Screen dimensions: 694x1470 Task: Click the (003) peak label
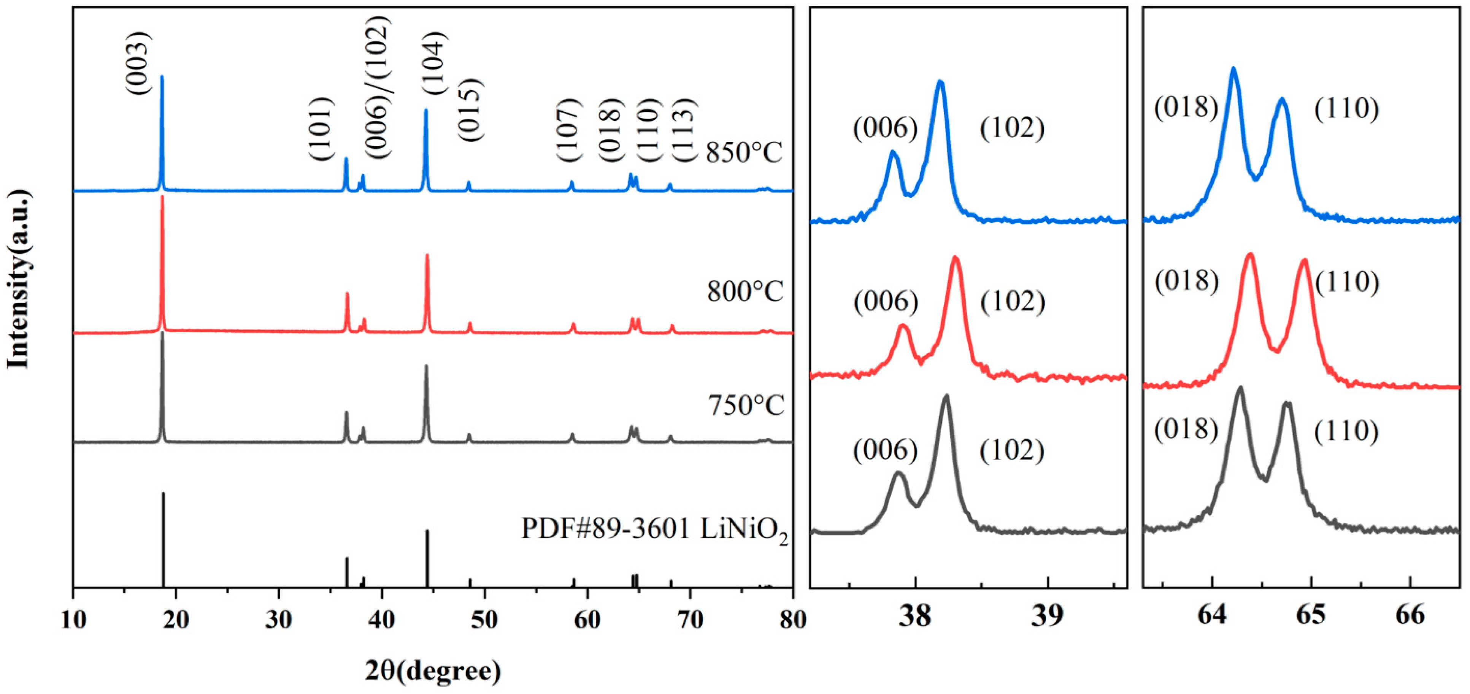(139, 63)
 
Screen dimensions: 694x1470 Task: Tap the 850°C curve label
(744, 152)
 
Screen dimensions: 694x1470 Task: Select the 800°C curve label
(745, 292)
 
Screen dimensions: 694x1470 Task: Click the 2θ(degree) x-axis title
(433, 671)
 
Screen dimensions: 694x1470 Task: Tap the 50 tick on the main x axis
(484, 619)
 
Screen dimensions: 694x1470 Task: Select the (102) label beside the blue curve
(1012, 128)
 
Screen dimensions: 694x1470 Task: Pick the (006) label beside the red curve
(886, 301)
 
